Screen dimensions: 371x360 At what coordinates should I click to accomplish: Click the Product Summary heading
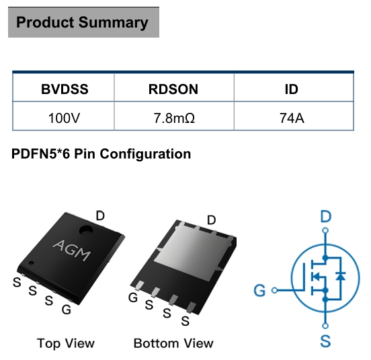[x=82, y=22]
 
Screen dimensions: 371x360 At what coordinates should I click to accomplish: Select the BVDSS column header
[x=65, y=89]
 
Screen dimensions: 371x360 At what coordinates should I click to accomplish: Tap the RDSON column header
[x=173, y=89]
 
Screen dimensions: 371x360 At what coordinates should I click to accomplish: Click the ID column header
[x=291, y=89]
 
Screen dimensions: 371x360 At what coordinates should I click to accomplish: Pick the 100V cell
[x=64, y=118]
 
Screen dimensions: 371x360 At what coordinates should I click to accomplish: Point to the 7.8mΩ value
[x=174, y=118]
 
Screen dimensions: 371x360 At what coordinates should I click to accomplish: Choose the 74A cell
[x=292, y=118]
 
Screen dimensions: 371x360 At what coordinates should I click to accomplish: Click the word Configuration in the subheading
[x=145, y=154]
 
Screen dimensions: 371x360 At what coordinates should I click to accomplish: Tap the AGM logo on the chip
[x=72, y=250]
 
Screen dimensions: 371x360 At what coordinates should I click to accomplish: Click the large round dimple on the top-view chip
[x=86, y=230]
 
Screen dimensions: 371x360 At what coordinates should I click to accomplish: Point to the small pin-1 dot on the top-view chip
[x=31, y=263]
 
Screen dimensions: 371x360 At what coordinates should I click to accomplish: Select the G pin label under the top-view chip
[x=67, y=310]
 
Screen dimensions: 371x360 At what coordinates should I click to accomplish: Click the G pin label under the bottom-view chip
[x=133, y=298]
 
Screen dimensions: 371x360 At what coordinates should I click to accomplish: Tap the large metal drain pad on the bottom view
[x=194, y=253]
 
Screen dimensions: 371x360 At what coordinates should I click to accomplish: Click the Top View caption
[x=66, y=343]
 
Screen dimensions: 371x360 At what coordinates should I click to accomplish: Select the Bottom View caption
[x=173, y=343]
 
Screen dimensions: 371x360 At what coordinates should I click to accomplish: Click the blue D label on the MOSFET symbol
[x=325, y=216]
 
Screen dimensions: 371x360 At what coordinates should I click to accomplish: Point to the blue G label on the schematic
[x=259, y=290]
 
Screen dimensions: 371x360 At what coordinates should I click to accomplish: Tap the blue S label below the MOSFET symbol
[x=325, y=341]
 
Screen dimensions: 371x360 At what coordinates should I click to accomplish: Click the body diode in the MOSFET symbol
[x=341, y=276]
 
